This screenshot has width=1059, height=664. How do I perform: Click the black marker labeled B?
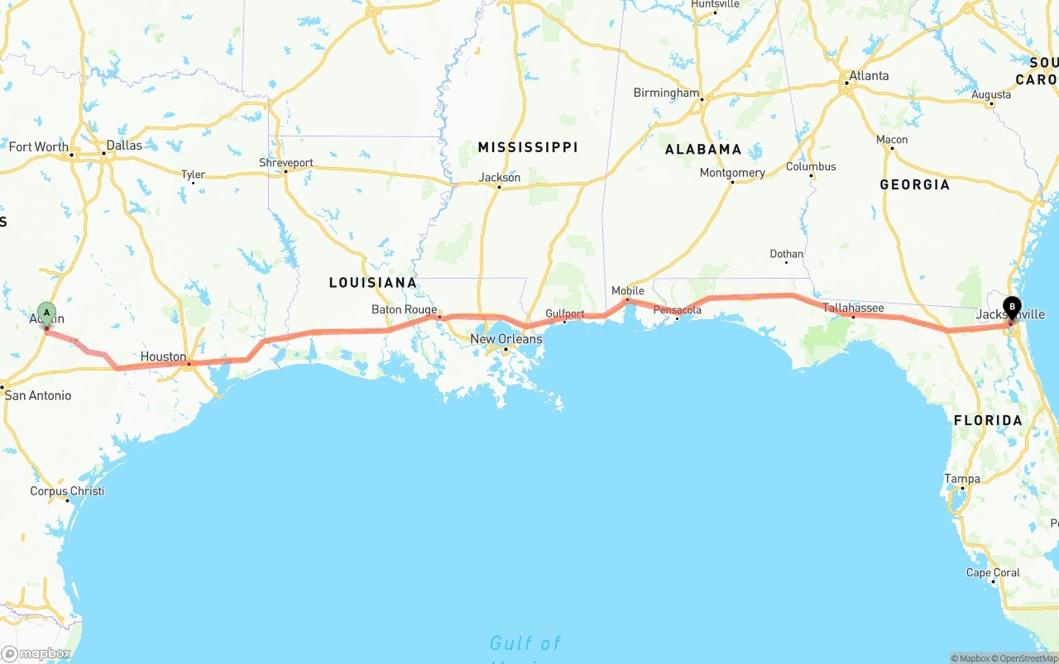(1012, 308)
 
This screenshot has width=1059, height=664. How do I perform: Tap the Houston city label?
(163, 356)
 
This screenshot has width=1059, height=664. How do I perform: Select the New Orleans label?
(506, 339)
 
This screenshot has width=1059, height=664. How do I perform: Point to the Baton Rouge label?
(404, 310)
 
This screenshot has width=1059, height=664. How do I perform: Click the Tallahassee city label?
(853, 308)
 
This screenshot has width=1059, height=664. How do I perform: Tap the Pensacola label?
(678, 310)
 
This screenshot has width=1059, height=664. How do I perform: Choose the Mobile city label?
(628, 290)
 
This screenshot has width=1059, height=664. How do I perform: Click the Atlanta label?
(869, 75)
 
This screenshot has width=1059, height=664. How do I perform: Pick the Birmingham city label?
(666, 93)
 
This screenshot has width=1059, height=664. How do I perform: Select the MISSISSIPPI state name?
(528, 147)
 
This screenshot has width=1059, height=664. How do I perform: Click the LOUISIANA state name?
(373, 282)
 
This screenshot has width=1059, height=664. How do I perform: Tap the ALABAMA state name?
(703, 150)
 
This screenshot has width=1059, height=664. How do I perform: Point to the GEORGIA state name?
(914, 184)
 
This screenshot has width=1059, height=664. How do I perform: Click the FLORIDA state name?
(988, 420)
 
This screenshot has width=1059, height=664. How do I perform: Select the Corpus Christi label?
(67, 490)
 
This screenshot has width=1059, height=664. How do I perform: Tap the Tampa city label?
(962, 479)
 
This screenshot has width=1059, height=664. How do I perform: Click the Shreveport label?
(286, 163)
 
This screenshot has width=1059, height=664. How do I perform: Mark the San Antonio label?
(38, 395)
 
